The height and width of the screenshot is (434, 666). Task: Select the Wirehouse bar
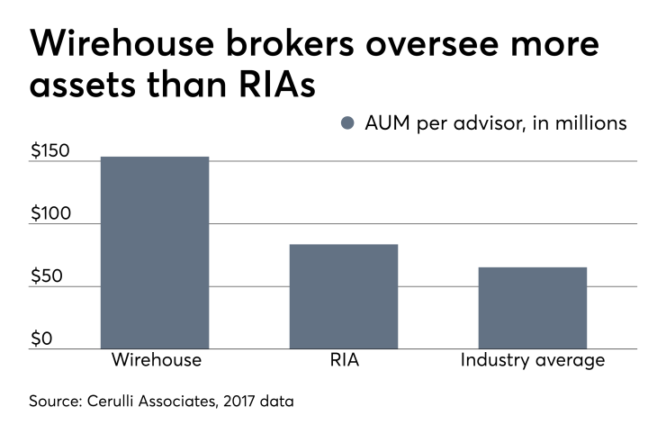point(155,253)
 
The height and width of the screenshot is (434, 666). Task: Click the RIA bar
point(344,296)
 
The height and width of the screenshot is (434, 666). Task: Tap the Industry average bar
point(532,308)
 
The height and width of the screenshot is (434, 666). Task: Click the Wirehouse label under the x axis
point(156,361)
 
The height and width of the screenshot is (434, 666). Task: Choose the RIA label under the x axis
point(344,361)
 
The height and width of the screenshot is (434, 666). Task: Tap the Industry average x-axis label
point(532,361)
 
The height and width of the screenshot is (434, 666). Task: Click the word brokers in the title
point(301,44)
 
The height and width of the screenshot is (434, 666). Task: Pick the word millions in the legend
point(594,124)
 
